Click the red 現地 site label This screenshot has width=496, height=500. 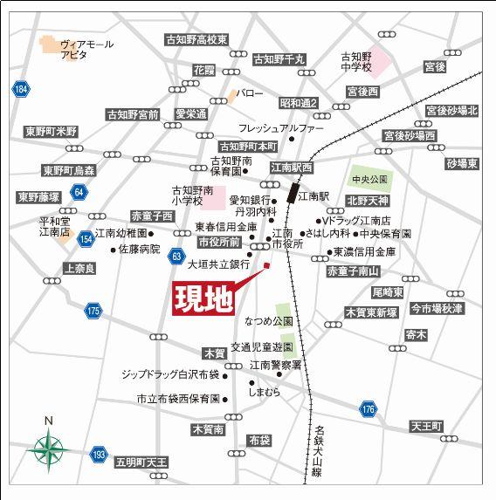202,298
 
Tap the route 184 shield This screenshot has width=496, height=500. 21,89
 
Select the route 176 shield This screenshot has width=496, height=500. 368,408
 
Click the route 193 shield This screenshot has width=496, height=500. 99,454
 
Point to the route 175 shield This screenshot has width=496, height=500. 93,310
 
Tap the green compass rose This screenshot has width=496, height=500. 49,449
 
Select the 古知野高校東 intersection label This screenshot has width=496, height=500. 196,40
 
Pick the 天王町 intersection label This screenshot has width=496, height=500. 427,426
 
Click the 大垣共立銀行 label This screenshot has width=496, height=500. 219,263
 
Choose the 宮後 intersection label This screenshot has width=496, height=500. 435,66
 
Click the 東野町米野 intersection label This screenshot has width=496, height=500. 51,132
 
